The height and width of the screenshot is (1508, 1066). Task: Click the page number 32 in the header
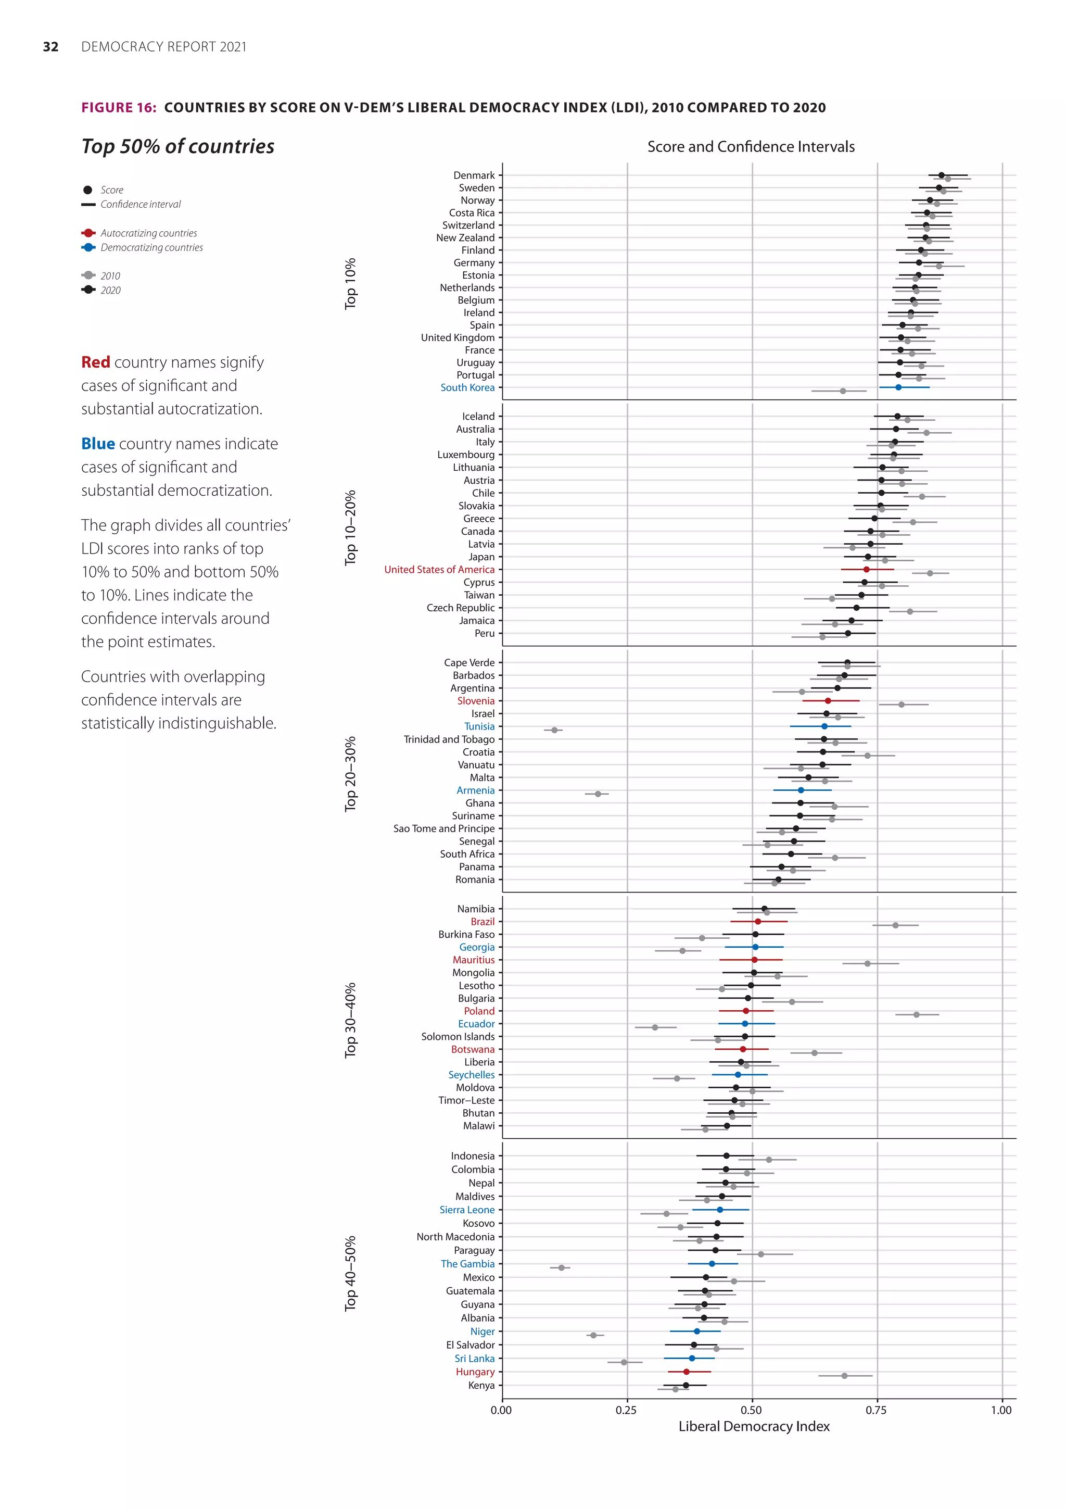click(50, 47)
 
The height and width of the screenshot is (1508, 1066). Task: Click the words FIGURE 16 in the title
click(118, 108)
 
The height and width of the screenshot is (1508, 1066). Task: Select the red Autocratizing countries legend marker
click(88, 233)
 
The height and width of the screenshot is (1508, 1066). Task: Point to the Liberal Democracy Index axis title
click(754, 1427)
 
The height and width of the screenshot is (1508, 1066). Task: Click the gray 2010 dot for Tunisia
click(554, 730)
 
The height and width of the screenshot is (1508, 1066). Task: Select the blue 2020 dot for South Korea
click(898, 387)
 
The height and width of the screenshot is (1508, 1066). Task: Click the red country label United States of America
click(439, 570)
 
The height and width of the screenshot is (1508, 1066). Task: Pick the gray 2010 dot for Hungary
click(844, 1375)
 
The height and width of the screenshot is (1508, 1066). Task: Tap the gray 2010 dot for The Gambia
click(561, 1267)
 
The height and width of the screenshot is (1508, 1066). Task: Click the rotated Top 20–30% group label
click(350, 774)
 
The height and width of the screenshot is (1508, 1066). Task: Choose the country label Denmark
click(474, 175)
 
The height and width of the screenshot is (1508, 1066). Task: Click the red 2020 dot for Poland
click(746, 1011)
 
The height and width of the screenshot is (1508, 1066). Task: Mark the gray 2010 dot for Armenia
click(598, 794)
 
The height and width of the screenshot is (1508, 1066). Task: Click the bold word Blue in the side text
click(98, 444)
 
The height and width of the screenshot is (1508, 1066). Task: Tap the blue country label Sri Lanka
click(475, 1358)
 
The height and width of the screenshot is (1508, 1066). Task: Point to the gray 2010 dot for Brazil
click(895, 925)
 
